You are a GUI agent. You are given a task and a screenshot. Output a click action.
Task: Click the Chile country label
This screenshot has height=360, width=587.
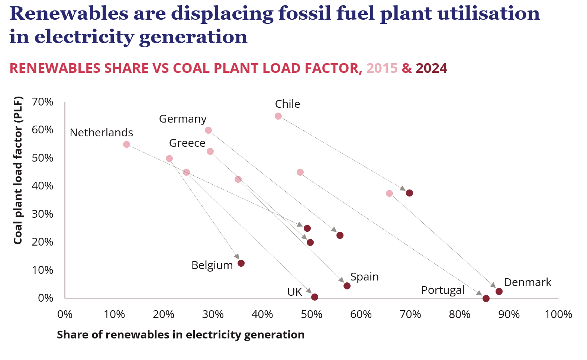(287, 104)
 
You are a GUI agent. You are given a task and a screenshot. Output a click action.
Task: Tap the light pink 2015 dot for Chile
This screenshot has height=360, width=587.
(278, 116)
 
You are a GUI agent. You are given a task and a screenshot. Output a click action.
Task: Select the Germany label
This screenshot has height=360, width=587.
(183, 119)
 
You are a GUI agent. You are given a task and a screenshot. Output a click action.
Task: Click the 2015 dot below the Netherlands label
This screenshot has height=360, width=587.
(126, 145)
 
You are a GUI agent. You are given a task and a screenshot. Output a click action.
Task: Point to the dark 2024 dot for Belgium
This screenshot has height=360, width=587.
(241, 263)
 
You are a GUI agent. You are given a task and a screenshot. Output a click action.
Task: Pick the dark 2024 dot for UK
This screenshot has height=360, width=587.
(315, 297)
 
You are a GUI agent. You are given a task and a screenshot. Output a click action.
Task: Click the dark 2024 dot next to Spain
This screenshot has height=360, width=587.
(347, 286)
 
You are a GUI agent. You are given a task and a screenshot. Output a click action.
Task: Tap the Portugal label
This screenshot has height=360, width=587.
(442, 290)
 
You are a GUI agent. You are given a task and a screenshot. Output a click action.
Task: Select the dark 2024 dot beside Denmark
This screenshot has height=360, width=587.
(499, 292)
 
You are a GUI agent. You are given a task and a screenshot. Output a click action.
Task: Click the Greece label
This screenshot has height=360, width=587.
(187, 143)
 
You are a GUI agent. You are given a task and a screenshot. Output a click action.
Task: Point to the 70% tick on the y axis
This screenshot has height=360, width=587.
(42, 102)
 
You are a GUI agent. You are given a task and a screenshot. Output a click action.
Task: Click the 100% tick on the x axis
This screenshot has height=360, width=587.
(558, 315)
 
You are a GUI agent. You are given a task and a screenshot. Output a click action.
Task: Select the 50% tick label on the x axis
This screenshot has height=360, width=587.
(312, 315)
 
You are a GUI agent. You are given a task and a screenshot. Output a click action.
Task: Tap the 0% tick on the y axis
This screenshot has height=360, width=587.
(46, 298)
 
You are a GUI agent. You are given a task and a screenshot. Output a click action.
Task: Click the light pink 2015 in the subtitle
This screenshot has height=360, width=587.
(382, 68)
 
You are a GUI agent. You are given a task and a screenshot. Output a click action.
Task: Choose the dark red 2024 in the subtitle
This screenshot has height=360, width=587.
(431, 68)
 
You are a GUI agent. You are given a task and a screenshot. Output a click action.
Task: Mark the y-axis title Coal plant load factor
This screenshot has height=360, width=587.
(18, 171)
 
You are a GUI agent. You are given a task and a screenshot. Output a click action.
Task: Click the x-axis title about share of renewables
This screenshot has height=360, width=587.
(181, 335)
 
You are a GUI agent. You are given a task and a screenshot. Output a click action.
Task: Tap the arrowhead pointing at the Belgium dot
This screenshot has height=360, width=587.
(237, 256)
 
